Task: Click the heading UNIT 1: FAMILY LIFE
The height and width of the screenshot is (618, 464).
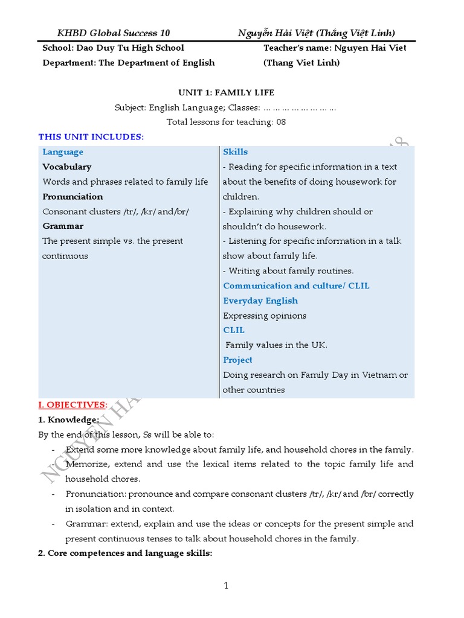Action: (x=226, y=92)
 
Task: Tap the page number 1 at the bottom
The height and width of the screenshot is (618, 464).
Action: (x=226, y=585)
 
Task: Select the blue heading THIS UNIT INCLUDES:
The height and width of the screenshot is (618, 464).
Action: (x=91, y=137)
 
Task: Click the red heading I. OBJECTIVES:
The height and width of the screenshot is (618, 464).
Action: (x=73, y=404)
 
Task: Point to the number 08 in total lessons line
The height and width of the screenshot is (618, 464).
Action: (x=280, y=122)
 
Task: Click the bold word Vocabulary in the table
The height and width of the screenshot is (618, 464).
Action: (x=67, y=167)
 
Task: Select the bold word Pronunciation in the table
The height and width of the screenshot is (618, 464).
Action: (x=72, y=196)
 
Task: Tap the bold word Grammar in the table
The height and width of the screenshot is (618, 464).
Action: (x=63, y=226)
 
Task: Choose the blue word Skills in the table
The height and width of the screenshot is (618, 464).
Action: (x=236, y=152)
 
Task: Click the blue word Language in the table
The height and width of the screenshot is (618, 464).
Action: (x=63, y=152)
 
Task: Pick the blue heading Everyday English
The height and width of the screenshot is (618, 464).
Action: (x=260, y=301)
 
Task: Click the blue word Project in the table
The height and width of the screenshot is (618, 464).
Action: (x=238, y=360)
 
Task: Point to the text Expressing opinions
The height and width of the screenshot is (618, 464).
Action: (x=265, y=316)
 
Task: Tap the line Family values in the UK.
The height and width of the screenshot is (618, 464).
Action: (x=276, y=345)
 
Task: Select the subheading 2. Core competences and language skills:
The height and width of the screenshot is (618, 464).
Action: (x=125, y=553)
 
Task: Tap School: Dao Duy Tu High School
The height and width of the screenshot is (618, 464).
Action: (x=114, y=48)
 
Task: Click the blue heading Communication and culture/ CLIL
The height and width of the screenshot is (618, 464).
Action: (x=296, y=285)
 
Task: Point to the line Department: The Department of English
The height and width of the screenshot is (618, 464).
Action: (x=129, y=63)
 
